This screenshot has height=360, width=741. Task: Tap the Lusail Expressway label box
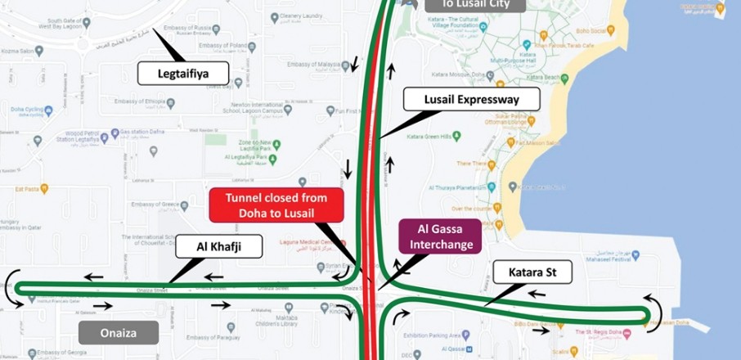[x=472, y=100]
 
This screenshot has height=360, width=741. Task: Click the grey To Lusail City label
[x=474, y=5]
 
